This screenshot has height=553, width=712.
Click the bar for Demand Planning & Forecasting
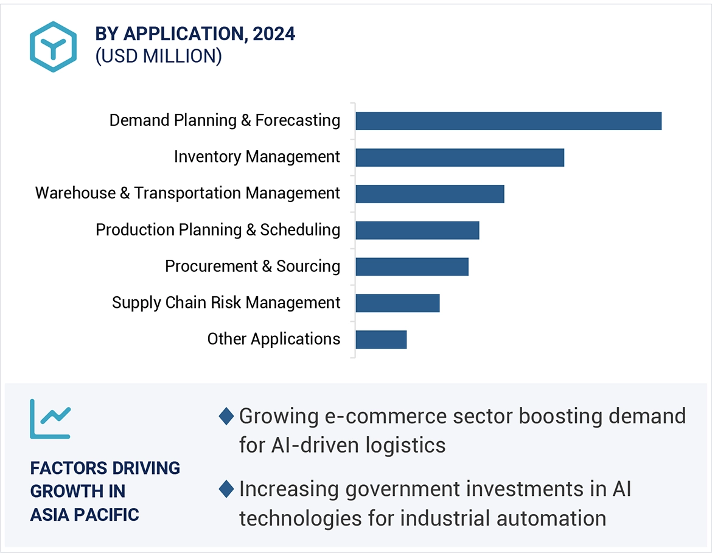(x=508, y=121)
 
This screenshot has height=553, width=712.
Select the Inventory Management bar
(x=459, y=158)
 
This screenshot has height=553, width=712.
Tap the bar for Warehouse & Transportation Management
(x=430, y=194)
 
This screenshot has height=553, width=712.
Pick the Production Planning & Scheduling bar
(x=417, y=231)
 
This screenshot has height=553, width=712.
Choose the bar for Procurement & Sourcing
(x=412, y=267)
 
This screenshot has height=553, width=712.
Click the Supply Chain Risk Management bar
(x=397, y=304)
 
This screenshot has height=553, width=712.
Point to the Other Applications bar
(x=381, y=340)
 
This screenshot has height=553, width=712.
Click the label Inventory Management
(x=257, y=157)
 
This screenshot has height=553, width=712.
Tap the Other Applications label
(x=274, y=339)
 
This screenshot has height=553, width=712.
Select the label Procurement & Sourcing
(x=253, y=266)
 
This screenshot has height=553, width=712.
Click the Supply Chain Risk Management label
(x=226, y=303)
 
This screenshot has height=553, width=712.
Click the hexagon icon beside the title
(x=54, y=47)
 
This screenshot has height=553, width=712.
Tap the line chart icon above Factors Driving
(x=51, y=419)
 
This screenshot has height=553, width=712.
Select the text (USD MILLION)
(x=158, y=56)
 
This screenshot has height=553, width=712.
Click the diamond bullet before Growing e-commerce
(x=226, y=417)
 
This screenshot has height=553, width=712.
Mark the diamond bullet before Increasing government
(x=226, y=489)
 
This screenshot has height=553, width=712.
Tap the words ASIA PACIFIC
(x=85, y=515)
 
